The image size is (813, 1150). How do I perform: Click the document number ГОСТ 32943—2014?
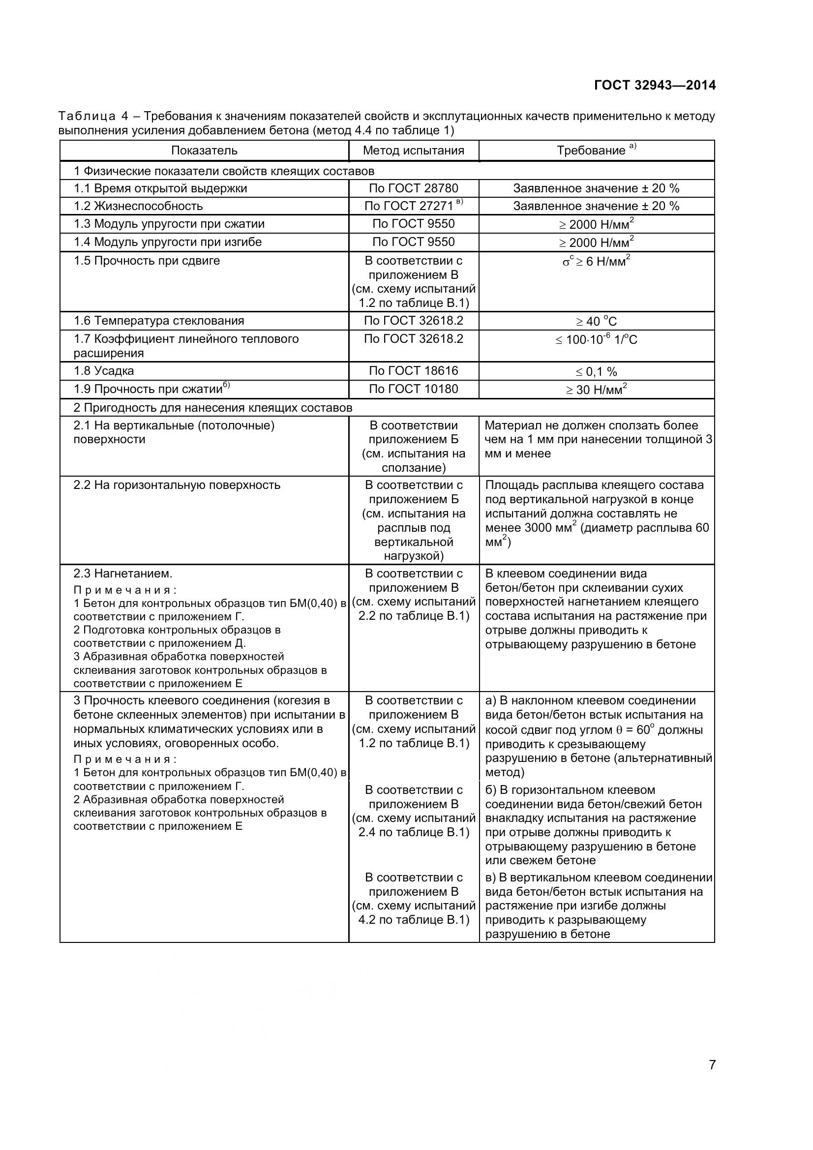655,85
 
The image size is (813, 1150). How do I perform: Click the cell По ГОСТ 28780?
413,188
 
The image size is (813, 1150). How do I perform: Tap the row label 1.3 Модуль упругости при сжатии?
169,224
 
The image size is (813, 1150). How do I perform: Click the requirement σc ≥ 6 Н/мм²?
596,261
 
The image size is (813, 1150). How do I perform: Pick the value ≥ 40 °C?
596,321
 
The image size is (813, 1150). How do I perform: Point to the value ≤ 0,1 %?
596,372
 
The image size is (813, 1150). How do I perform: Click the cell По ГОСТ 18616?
413,371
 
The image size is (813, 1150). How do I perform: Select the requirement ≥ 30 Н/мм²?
596,389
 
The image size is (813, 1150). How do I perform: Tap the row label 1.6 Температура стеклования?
159,321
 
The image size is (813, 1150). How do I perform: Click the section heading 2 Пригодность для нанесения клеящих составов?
213,408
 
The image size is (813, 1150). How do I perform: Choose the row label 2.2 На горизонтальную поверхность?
177,485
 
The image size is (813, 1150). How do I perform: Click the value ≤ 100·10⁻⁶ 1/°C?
596,339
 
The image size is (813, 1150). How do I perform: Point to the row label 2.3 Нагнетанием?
123,574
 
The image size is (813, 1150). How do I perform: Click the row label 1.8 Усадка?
104,371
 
